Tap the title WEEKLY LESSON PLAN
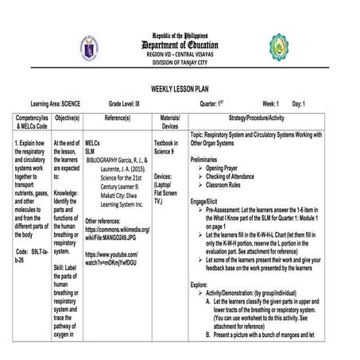coord(180,90)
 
